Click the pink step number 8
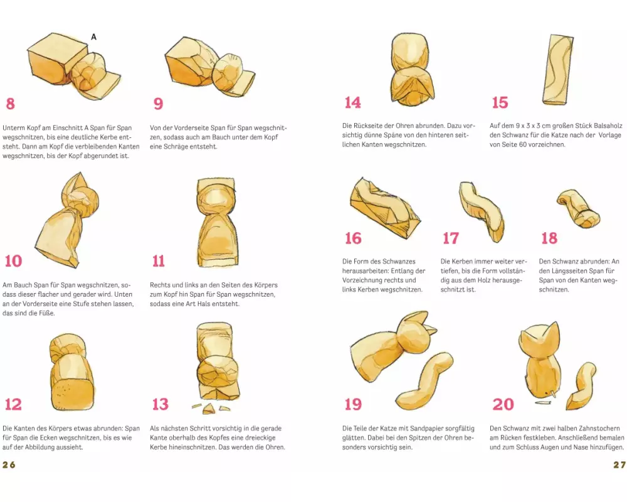tap(11, 104)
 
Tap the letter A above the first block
tap(93, 37)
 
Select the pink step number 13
tap(161, 404)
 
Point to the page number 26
tap(9, 465)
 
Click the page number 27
tap(619, 465)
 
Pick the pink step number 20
tap(503, 404)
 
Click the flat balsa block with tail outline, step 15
tap(558, 70)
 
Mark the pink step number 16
tap(353, 238)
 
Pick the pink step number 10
tap(13, 261)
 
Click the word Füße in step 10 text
tap(47, 313)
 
